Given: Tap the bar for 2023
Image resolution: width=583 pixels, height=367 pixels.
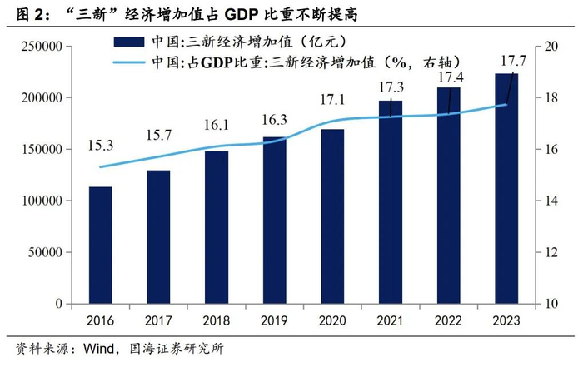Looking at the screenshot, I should click(x=506, y=188).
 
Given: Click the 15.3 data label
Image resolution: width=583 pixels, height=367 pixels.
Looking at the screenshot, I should click(x=101, y=146).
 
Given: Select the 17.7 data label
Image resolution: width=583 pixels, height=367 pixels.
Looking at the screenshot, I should click(x=512, y=59).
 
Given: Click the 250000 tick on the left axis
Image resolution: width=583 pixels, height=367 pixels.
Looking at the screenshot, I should click(x=42, y=47).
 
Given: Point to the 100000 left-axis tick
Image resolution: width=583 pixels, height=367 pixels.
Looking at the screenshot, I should click(x=42, y=201).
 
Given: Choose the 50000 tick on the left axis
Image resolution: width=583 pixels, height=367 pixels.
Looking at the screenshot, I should click(x=46, y=252).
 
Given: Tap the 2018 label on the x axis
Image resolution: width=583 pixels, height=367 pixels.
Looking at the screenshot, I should click(x=217, y=320).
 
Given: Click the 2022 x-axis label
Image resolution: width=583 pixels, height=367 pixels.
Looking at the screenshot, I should click(x=448, y=320).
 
